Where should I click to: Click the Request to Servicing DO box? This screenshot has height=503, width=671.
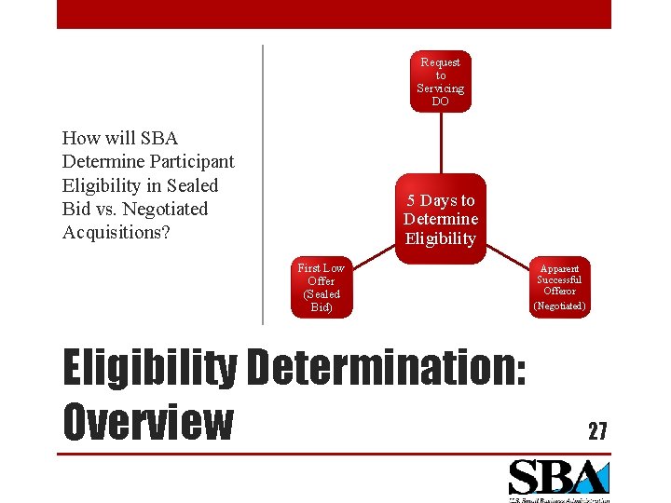click(440, 81)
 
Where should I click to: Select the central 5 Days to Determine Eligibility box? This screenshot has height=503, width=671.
click(440, 219)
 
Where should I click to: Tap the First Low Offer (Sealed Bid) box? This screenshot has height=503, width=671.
click(321, 288)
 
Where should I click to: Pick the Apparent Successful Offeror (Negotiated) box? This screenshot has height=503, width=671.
click(559, 287)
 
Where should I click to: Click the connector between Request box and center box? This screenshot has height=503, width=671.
click(440, 143)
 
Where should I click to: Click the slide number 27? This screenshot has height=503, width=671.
click(597, 430)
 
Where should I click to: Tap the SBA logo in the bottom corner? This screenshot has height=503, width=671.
click(557, 478)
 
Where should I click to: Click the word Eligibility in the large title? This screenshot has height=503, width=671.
click(148, 369)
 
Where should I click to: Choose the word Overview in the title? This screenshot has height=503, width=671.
click(147, 421)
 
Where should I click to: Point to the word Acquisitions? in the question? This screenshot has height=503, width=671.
click(116, 232)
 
